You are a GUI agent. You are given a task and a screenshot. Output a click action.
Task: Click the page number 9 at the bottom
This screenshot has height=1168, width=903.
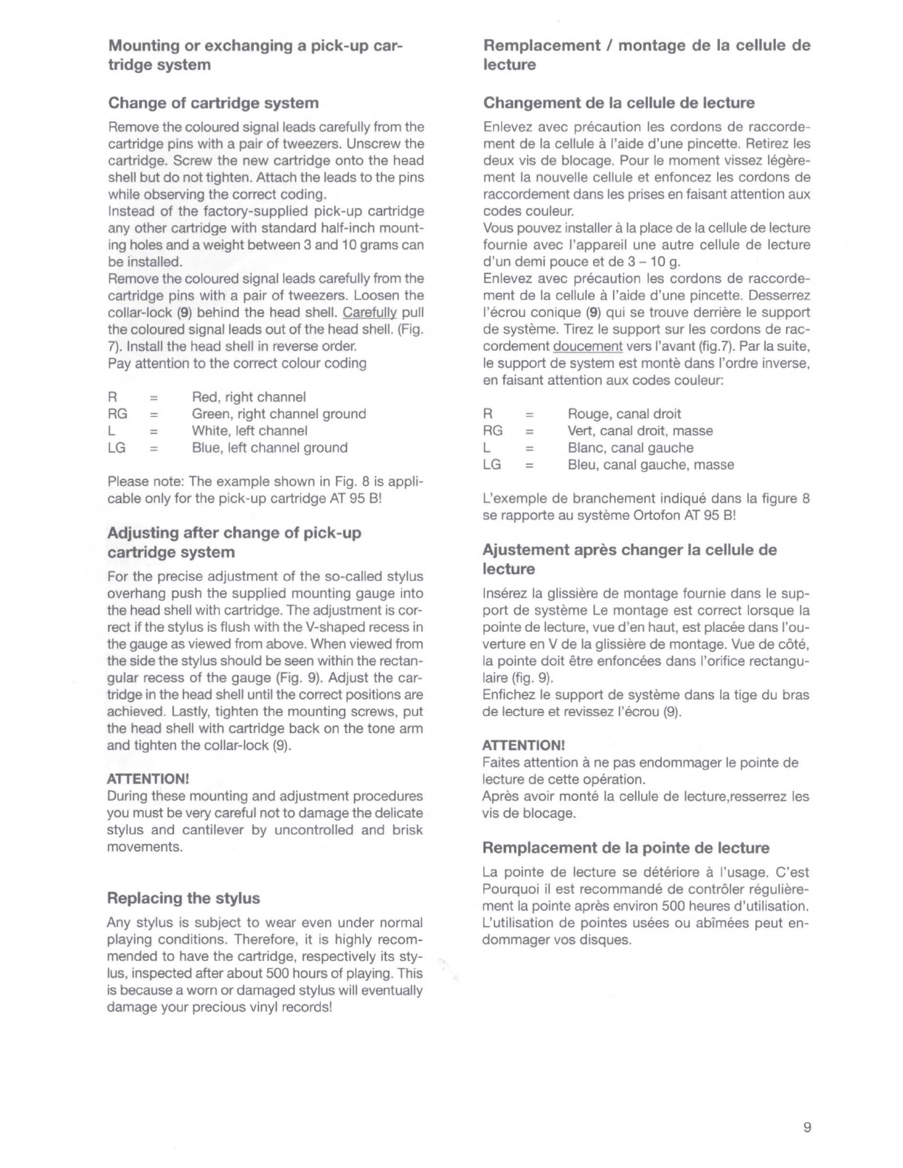point(807,1127)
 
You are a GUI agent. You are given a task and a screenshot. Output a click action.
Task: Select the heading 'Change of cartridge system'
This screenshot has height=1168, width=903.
point(213,103)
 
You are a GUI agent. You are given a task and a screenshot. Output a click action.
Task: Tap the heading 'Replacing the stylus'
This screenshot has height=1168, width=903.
point(184,898)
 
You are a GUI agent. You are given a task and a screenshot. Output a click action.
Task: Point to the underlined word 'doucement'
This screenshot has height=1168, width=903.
point(588,347)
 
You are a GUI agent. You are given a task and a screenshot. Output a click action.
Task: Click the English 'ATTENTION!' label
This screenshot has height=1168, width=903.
point(148,779)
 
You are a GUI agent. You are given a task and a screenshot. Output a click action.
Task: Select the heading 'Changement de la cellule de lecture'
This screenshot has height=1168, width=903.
point(619,103)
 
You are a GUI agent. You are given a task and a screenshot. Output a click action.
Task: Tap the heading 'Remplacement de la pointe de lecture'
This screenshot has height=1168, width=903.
point(626,848)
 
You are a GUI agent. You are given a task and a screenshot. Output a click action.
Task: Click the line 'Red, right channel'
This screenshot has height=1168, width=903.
point(249,397)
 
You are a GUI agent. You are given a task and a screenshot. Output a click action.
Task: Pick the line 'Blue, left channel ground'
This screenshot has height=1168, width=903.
point(269,448)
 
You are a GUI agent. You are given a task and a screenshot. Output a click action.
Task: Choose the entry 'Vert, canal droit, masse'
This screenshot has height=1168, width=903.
point(640,431)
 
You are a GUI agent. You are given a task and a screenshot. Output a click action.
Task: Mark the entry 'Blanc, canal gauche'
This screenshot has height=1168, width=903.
point(630,448)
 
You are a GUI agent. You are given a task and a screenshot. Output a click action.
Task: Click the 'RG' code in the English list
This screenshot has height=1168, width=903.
point(118,414)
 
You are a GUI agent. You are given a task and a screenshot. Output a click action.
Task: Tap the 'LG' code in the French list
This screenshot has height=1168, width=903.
point(493,465)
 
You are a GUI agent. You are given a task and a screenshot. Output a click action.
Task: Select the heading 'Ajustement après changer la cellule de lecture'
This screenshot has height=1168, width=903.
point(629,559)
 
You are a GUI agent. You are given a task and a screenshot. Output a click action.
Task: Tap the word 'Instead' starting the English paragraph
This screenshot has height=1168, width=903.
point(129,212)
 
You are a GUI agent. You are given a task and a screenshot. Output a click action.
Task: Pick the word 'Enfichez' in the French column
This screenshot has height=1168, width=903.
point(508,695)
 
